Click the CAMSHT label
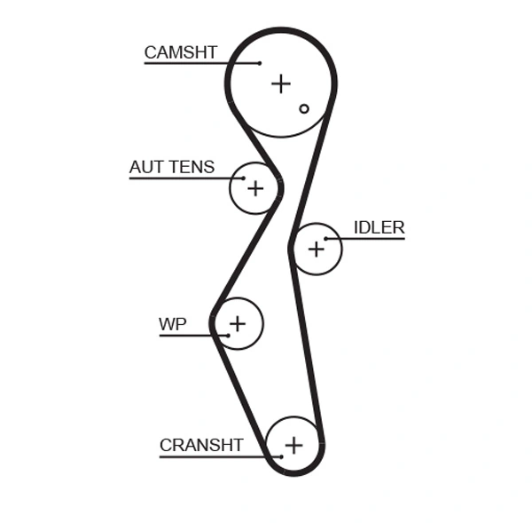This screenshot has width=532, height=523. [x=180, y=52]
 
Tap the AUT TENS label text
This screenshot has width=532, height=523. [x=172, y=167]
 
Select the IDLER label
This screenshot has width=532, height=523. [x=379, y=227]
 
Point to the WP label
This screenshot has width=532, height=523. [x=173, y=324]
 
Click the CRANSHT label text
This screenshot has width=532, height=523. [x=201, y=445]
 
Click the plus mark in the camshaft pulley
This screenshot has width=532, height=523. [x=281, y=83]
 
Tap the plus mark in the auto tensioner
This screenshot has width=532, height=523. [x=255, y=188]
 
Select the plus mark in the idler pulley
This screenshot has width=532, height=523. [x=317, y=250]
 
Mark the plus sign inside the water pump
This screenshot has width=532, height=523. [x=238, y=322]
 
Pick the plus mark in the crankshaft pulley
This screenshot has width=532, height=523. [x=293, y=444]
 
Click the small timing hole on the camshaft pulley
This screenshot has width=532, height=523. [x=304, y=108]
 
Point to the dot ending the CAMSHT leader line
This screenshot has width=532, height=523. [x=260, y=63]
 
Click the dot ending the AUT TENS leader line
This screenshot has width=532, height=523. [x=243, y=178]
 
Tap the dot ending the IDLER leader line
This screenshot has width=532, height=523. [x=326, y=238]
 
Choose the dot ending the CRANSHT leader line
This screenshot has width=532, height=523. [x=281, y=456]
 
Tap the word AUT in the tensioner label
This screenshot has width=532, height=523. [x=146, y=167]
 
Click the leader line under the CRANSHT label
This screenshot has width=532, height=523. [x=213, y=456]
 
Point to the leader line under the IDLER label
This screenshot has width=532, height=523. [x=372, y=238]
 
